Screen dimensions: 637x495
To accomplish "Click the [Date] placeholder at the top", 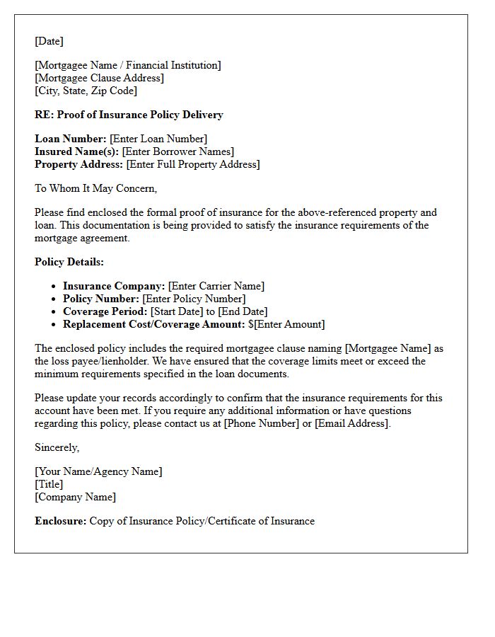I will tap(49, 41).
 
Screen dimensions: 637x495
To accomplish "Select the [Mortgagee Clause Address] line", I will tap(99, 78).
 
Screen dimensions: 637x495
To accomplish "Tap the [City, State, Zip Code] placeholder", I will tap(86, 91).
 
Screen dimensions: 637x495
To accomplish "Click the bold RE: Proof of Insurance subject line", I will tap(129, 115).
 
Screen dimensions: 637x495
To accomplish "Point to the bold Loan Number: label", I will tap(71, 139).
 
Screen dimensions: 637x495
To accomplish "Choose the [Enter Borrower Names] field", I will tap(177, 151).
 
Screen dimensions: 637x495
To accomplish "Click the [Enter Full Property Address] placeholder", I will tap(193, 164).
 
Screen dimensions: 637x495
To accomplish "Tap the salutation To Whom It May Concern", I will tap(95, 188).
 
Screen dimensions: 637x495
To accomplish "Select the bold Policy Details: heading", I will tap(69, 262).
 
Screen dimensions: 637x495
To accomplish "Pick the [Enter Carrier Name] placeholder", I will tap(216, 286).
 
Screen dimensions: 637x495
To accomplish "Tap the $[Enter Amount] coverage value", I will tap(286, 324).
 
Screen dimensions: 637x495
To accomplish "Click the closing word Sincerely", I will tap(57, 447).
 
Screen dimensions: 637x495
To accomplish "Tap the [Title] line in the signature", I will tap(49, 484).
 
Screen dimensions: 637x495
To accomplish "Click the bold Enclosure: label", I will tap(61, 521).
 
